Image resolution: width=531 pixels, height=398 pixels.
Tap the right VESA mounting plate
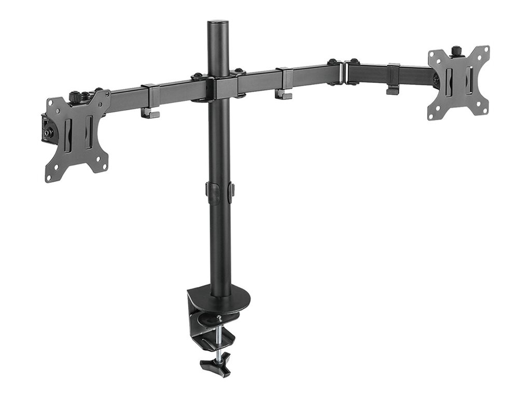coord(458,83)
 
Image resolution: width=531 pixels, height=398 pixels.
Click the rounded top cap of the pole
coord(218,24)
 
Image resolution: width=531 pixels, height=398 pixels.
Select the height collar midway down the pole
coord(219,189)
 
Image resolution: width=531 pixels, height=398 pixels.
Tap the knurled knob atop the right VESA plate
coord(456,51)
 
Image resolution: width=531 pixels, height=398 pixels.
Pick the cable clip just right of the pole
coord(284,82)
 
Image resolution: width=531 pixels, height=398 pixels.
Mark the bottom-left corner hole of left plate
coord(49,178)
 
